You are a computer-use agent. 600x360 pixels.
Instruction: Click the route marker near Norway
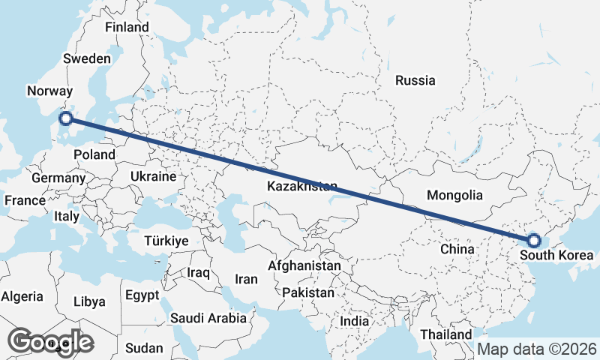click(66, 118)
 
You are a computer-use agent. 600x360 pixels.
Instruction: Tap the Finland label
click(127, 27)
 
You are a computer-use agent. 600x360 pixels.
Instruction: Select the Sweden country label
click(87, 58)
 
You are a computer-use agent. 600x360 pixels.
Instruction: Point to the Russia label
click(415, 80)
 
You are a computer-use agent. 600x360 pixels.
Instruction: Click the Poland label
click(94, 154)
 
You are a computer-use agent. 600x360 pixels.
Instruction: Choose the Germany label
click(58, 178)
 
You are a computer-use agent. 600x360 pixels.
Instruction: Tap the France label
click(25, 201)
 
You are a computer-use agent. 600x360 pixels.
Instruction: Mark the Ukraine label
click(153, 177)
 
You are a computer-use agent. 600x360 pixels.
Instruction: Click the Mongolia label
click(454, 196)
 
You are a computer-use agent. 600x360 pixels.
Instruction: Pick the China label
click(457, 248)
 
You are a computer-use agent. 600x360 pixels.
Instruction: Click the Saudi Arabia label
click(208, 318)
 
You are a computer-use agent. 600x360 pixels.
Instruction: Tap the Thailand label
click(447, 334)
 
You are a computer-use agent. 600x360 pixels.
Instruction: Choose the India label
click(355, 321)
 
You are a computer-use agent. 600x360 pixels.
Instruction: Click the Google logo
click(51, 342)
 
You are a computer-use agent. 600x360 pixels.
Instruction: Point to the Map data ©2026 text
click(537, 349)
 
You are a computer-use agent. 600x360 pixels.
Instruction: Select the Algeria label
click(22, 297)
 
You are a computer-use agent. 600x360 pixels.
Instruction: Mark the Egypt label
click(142, 295)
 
